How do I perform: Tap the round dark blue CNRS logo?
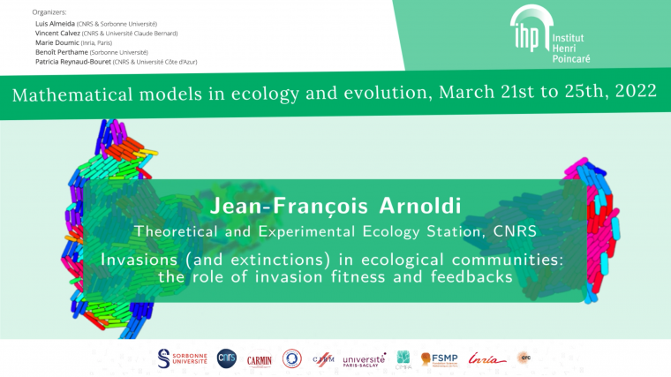click(x=227, y=358)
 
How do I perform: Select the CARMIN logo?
click(x=260, y=359)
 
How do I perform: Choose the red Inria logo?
click(x=488, y=358)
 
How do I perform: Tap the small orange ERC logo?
click(x=524, y=358)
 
